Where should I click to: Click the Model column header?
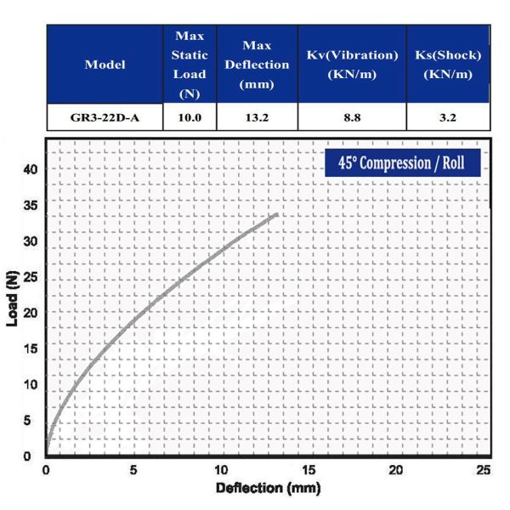pyautogui.click(x=105, y=65)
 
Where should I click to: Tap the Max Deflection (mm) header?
pyautogui.click(x=256, y=65)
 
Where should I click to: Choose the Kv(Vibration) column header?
pyautogui.click(x=351, y=65)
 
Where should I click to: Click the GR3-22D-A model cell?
pyautogui.click(x=105, y=118)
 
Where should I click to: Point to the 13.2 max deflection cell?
pyautogui.click(x=256, y=118)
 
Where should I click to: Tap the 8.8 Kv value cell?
pyautogui.click(x=351, y=118)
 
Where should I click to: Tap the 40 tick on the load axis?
pyautogui.click(x=31, y=169)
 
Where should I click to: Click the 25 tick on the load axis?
pyautogui.click(x=31, y=277)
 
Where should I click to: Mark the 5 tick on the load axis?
pyautogui.click(x=33, y=421)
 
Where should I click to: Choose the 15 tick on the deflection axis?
pyautogui.click(x=309, y=471)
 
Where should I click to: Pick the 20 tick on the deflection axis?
pyautogui.click(x=396, y=471)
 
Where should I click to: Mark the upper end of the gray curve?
pyautogui.click(x=276, y=214)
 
